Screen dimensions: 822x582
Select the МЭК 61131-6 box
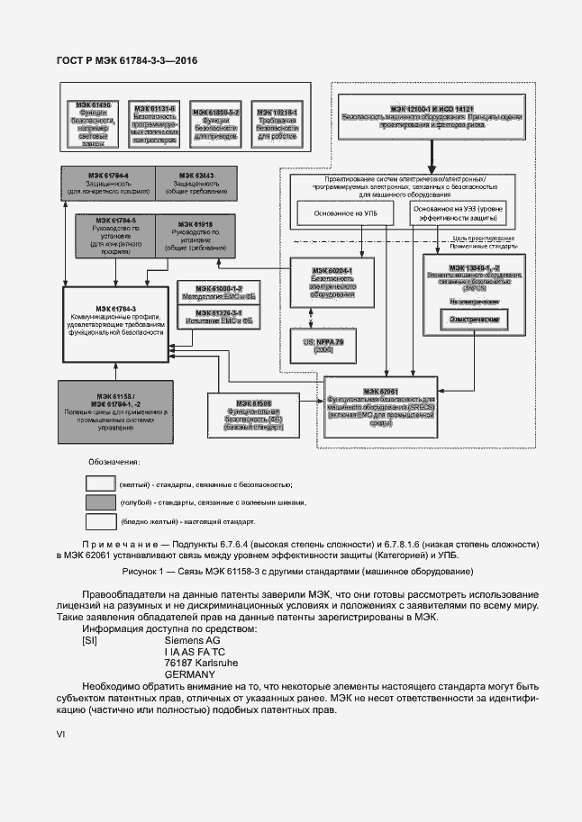pos(153,123)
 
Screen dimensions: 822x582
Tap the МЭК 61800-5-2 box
pos(214,123)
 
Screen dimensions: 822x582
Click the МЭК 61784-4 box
pos(109,183)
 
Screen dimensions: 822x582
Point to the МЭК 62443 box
pos(195,183)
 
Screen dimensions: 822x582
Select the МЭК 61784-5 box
pos(109,236)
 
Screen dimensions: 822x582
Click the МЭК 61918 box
pos(195,236)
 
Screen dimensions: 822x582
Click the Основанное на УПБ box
pos(339,213)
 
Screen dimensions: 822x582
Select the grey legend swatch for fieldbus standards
pos(100,502)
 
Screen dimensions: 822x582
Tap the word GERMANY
pos(189,673)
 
